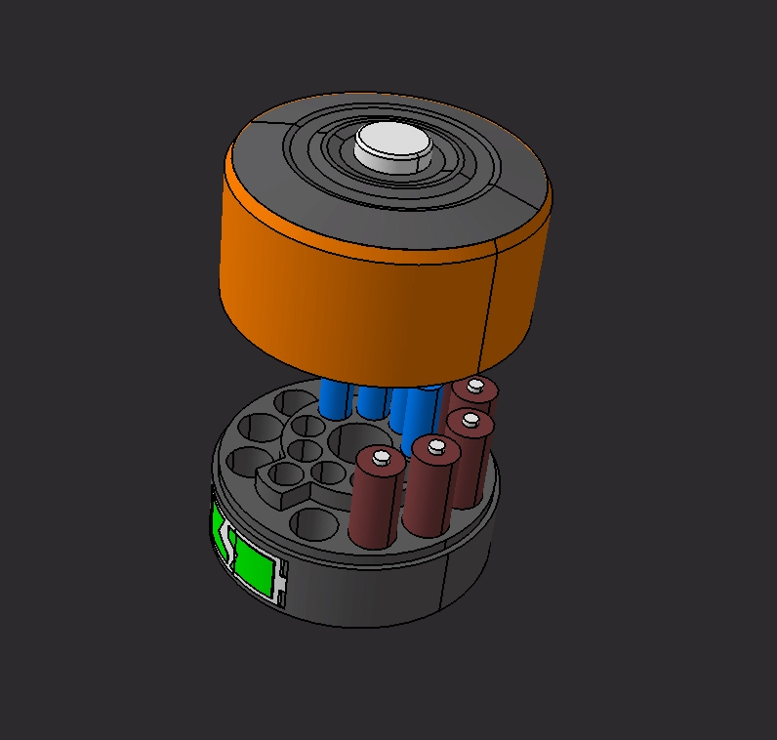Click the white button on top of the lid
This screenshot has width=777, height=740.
click(x=392, y=146)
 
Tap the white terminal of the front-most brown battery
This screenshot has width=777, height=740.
click(x=381, y=455)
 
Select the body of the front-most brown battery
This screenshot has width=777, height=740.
click(x=374, y=503)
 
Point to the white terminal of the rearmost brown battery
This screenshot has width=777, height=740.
click(x=476, y=387)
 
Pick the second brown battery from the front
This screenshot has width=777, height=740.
click(x=429, y=493)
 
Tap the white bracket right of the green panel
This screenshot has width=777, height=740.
click(x=283, y=586)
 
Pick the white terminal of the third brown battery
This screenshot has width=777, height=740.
click(x=471, y=421)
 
